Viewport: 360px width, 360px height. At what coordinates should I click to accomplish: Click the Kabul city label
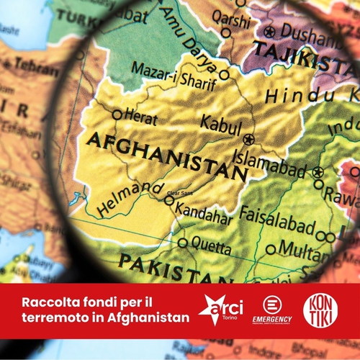[x=220, y=123]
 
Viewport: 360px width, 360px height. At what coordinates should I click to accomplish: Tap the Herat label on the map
[x=140, y=114]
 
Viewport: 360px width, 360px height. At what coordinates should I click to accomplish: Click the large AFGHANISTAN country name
[x=166, y=156]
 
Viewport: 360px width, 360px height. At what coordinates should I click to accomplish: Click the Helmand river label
[x=130, y=197]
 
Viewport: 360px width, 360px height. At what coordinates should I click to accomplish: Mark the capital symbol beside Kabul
[x=248, y=138]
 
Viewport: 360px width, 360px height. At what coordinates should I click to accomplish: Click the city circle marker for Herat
[x=117, y=114]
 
